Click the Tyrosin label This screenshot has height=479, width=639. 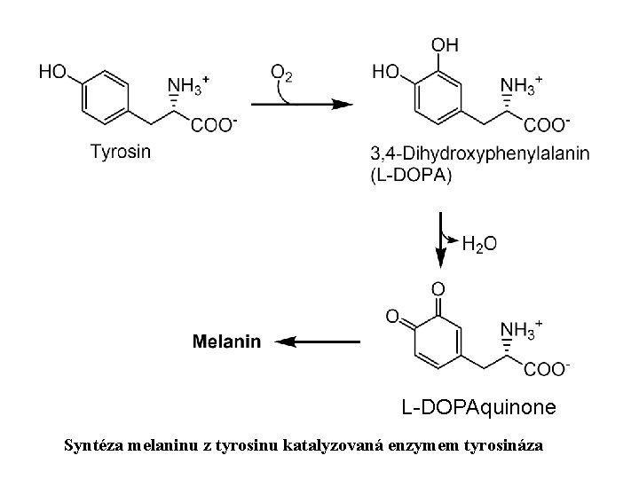[121, 151]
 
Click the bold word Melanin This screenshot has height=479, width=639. [227, 341]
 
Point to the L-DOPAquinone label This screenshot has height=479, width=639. [479, 407]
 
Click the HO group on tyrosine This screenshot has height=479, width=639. [54, 72]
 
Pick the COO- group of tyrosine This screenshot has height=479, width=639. [213, 126]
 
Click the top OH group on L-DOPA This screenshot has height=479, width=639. [445, 43]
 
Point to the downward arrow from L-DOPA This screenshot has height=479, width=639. [441, 241]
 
